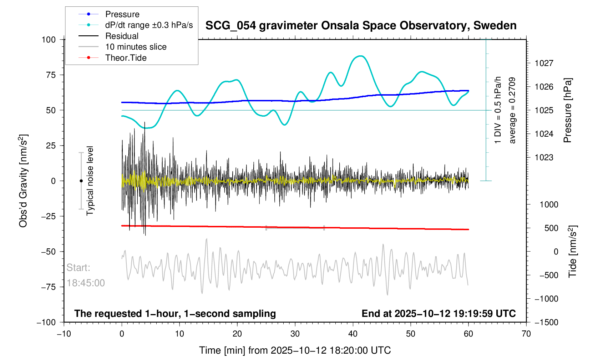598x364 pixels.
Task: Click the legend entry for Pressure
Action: click(122, 14)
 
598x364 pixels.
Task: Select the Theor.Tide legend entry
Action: click(126, 58)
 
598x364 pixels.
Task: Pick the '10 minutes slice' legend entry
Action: click(136, 47)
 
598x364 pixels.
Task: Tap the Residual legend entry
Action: click(122, 36)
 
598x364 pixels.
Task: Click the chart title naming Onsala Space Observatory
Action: click(361, 26)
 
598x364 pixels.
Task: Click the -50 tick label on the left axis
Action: click(49, 252)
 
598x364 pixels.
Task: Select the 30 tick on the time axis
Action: click(295, 334)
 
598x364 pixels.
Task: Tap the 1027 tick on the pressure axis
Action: click(544, 64)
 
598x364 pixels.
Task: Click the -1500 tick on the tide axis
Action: click(546, 322)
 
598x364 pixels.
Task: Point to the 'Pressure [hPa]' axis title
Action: click(567, 111)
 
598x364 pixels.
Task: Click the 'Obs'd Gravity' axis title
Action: click(23, 181)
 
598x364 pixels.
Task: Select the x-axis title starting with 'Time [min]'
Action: click(295, 350)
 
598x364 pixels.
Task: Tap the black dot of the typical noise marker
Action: click(81, 181)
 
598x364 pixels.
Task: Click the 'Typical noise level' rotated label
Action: click(90, 181)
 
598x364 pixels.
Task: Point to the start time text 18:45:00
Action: click(86, 283)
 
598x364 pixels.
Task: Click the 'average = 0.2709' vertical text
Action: click(512, 111)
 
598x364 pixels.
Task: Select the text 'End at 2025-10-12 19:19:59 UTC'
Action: click(439, 314)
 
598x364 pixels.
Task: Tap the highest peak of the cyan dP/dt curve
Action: click(361, 56)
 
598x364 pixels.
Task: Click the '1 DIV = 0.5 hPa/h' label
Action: click(498, 111)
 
